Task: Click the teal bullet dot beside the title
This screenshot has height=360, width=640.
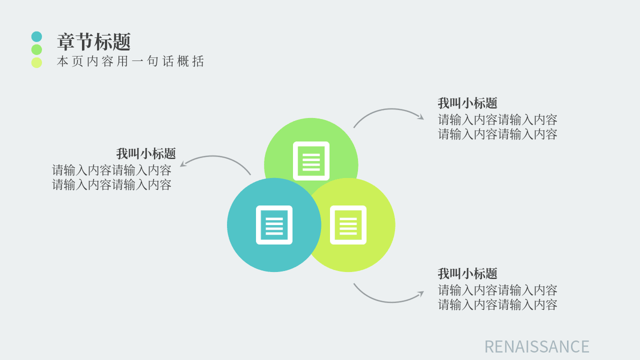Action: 36,36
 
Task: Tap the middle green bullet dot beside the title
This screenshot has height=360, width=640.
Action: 36,49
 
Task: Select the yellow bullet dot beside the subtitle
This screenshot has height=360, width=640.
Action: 36,62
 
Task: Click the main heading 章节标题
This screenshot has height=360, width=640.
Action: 94,41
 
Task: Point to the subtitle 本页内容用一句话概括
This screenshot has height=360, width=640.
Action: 130,61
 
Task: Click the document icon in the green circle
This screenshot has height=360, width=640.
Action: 311,161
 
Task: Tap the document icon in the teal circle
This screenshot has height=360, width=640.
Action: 274,225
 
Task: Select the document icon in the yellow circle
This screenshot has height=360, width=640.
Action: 348,225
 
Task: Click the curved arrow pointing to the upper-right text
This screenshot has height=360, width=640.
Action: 390,109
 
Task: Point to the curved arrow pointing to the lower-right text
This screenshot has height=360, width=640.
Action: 390,301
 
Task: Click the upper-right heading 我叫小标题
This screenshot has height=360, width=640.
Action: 467,103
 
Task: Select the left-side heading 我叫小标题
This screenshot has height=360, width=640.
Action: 146,153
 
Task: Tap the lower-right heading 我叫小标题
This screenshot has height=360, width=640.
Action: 467,273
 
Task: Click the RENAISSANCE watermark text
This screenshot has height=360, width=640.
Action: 537,346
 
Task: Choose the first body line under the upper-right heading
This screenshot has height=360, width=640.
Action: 497,119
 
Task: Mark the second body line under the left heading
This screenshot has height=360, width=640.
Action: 111,184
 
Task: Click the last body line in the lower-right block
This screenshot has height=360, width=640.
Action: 497,304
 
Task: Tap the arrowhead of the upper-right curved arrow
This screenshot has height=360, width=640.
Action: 421,117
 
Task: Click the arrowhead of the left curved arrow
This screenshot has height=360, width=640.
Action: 183,163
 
